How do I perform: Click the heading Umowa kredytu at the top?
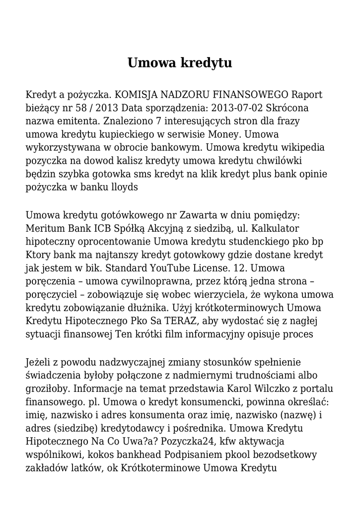[x=180, y=63]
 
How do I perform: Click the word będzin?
[x=38, y=175]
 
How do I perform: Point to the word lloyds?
[x=122, y=188]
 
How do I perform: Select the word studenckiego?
[x=247, y=242]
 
